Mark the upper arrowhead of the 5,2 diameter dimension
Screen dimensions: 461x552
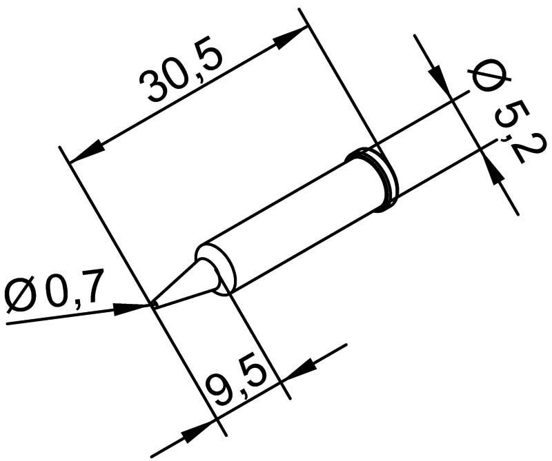click(x=439, y=80)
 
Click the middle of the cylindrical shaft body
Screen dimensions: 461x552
click(x=297, y=221)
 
